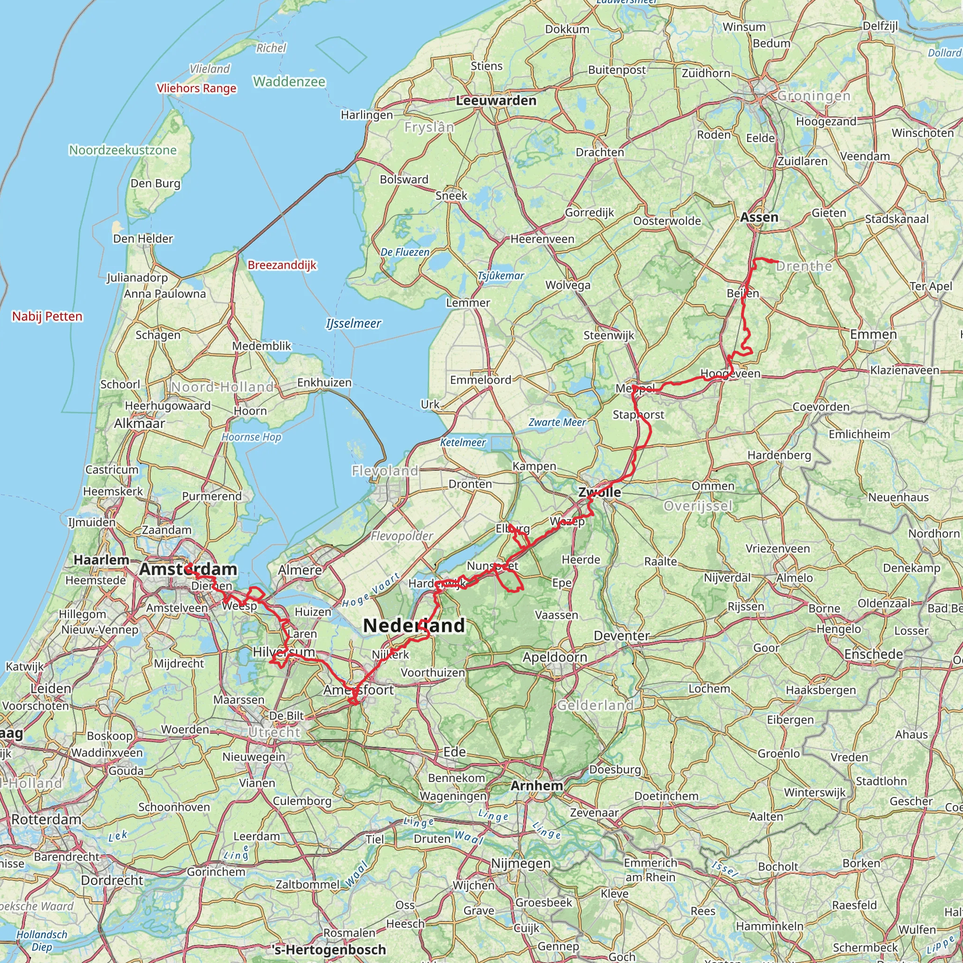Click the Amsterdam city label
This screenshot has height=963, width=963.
tap(188, 569)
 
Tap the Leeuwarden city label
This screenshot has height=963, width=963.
tap(496, 101)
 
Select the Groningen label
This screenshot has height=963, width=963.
tap(813, 96)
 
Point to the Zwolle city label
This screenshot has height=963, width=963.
tap(599, 492)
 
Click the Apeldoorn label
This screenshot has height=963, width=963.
tap(555, 657)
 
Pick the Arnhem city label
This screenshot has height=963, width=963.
tap(537, 786)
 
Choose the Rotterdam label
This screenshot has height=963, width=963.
tap(46, 819)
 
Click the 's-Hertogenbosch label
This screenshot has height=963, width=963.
tap(330, 949)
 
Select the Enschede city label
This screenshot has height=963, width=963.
tap(873, 654)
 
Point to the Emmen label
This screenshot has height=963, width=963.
tap(873, 334)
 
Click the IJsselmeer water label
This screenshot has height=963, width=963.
tap(354, 324)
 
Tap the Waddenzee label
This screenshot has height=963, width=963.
tap(289, 81)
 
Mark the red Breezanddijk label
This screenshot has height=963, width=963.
tap(282, 265)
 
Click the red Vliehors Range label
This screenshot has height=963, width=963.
tap(197, 88)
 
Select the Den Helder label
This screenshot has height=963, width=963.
tap(143, 239)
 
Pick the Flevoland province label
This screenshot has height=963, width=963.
tap(385, 471)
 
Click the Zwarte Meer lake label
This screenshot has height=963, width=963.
tap(557, 422)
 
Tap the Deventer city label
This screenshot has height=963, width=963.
tap(622, 636)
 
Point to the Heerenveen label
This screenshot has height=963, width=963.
tap(542, 239)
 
